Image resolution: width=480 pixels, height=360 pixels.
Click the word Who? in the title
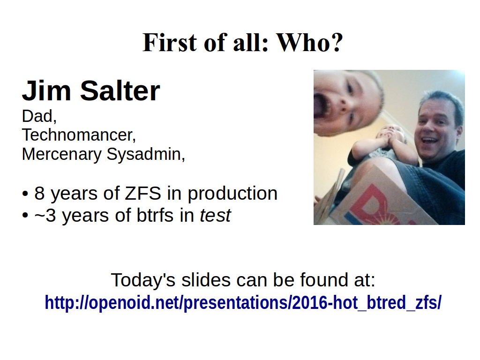(x=309, y=43)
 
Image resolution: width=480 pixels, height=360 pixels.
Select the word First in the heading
(x=170, y=43)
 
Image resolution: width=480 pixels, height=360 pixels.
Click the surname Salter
(x=120, y=90)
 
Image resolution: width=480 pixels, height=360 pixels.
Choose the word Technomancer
(x=79, y=135)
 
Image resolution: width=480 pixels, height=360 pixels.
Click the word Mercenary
(x=62, y=154)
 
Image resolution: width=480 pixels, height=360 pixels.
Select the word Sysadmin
(x=146, y=154)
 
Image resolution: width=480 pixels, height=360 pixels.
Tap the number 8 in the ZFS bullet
(x=39, y=194)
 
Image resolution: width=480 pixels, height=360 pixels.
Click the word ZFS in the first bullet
(x=143, y=194)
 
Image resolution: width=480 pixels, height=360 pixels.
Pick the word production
(x=232, y=194)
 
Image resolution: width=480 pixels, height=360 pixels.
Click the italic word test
(x=216, y=216)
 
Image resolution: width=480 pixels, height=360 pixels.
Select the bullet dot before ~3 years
(x=25, y=215)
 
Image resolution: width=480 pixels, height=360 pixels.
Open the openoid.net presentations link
(x=243, y=302)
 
